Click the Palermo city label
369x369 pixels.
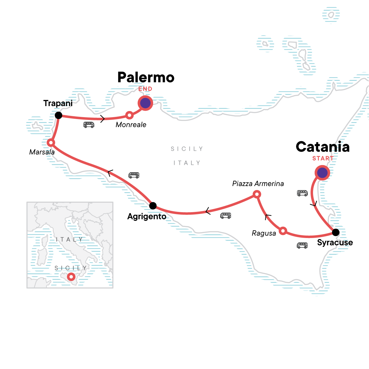(x=146, y=77)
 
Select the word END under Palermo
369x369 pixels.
(x=145, y=89)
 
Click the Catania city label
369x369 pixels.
(x=323, y=147)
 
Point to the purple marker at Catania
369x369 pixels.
(x=322, y=173)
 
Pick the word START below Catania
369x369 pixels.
(x=323, y=158)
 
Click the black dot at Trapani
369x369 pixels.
(x=58, y=115)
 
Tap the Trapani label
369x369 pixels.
(x=58, y=103)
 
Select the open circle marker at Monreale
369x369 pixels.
(x=129, y=115)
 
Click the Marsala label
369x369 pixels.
(x=42, y=152)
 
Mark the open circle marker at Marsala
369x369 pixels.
(x=51, y=143)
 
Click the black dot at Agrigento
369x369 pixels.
(x=153, y=205)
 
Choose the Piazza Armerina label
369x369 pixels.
(x=258, y=184)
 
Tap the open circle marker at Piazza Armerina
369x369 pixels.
(x=257, y=194)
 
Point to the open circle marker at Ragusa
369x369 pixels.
(x=283, y=231)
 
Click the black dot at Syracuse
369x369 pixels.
(x=336, y=232)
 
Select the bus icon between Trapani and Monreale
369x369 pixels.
(x=89, y=125)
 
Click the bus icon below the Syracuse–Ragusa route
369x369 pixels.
(x=302, y=245)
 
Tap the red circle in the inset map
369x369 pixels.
(x=71, y=277)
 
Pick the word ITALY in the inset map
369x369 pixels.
(x=69, y=239)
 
